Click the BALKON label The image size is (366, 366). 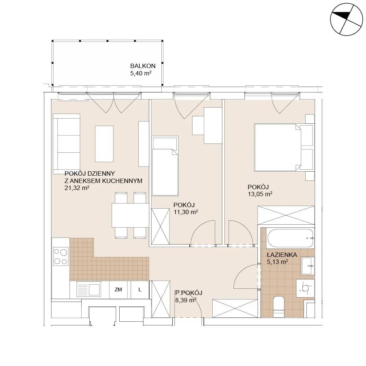coord(143,66)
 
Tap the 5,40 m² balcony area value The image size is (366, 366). coord(141,73)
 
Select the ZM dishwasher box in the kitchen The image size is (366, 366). coord(118,290)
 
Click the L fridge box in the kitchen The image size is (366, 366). coord(140,290)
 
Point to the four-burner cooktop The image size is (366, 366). coord(61,257)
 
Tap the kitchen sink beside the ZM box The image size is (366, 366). coord(89,289)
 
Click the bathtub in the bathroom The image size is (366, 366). coord(290,238)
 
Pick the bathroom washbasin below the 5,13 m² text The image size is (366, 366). coord(308,266)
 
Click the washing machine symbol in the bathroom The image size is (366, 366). coord(305,288)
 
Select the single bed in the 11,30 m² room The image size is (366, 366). coord(165,166)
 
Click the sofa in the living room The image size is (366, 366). coord(67,144)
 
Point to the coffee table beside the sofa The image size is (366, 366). coord(104,144)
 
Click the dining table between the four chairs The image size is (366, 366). coord(130,215)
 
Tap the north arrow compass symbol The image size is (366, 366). coord(347,19)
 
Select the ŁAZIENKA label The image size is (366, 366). coord(282,255)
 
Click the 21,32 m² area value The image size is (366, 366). coord(77,188)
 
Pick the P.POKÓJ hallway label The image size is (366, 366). coord(188,293)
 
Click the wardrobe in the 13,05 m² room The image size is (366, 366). coord(286,215)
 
